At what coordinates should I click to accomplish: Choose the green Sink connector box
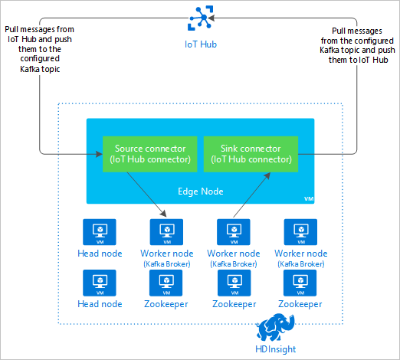click(x=247, y=154)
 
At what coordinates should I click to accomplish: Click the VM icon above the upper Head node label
click(x=99, y=231)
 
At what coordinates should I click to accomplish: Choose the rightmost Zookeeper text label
click(x=300, y=304)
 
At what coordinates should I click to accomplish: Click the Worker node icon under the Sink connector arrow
click(x=233, y=231)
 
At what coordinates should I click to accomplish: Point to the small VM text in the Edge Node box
click(x=309, y=198)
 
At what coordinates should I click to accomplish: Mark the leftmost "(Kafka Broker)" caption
click(x=166, y=263)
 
